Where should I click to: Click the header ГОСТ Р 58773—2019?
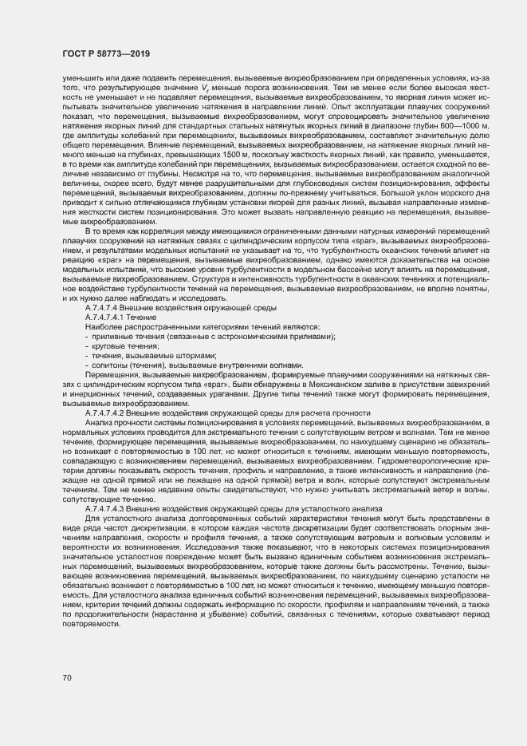(x=106, y=53)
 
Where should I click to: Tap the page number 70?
(x=66, y=678)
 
